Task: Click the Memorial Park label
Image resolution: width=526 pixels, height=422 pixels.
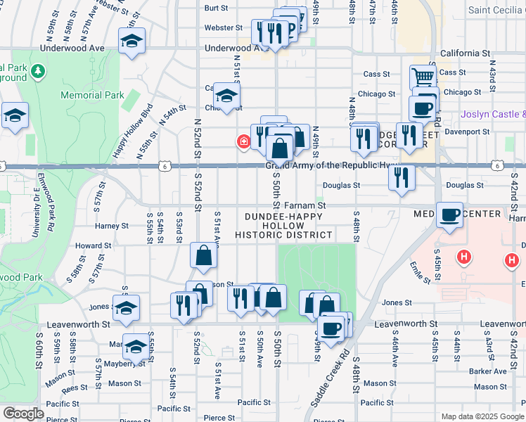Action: click(x=92, y=95)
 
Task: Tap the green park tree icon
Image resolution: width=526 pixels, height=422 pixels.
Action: click(x=37, y=72)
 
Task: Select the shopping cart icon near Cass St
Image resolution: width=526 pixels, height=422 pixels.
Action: click(x=423, y=77)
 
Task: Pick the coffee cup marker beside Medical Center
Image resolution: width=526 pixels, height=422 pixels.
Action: click(x=449, y=215)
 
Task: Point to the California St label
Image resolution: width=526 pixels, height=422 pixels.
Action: click(x=465, y=53)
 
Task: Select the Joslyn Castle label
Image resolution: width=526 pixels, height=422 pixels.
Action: click(x=493, y=114)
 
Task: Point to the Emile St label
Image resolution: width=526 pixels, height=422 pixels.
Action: click(x=421, y=272)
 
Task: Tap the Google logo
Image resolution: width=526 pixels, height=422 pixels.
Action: click(x=23, y=413)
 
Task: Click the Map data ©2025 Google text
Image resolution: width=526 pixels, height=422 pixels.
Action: click(x=482, y=416)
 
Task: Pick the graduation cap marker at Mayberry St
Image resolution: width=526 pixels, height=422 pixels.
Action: click(x=136, y=347)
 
